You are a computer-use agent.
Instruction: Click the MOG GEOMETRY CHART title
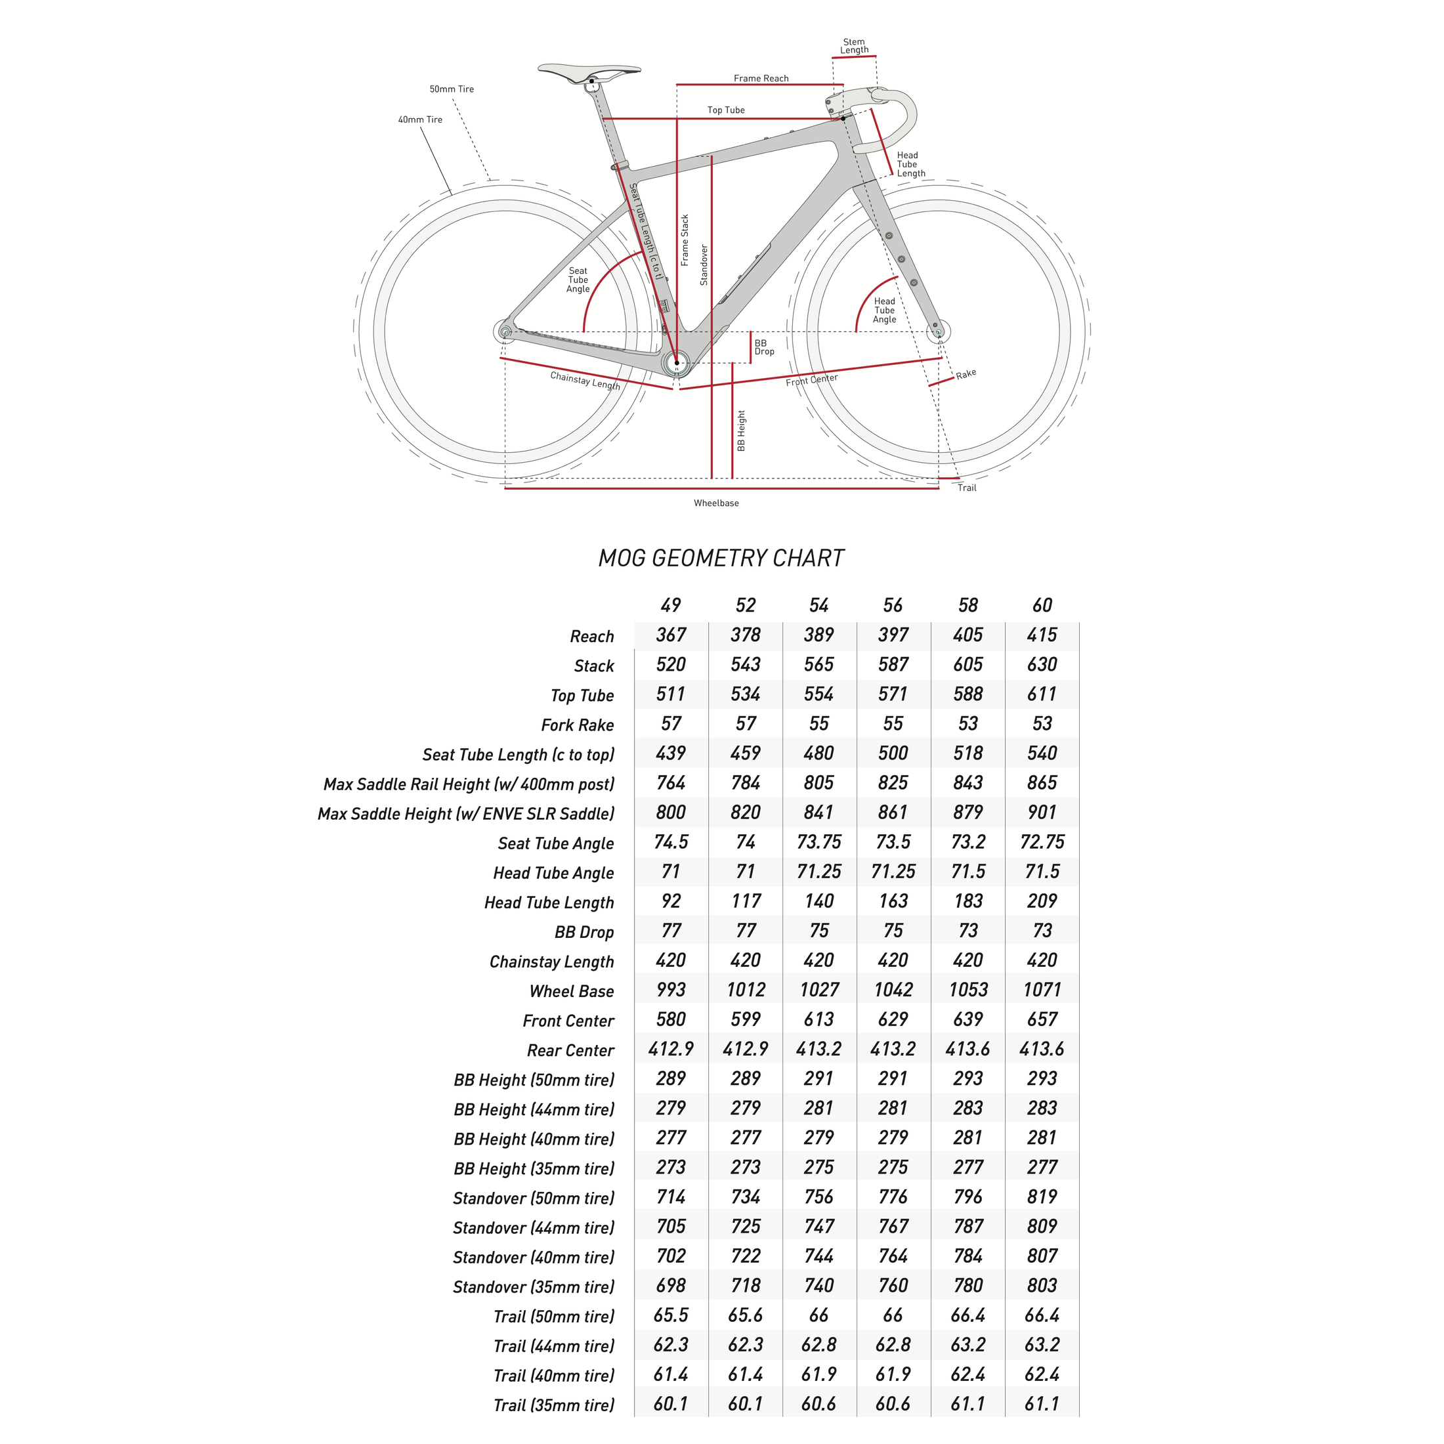tap(721, 559)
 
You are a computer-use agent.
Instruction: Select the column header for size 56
tap(893, 605)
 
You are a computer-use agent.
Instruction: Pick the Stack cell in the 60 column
tap(1041, 664)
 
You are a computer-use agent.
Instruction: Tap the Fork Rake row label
tap(577, 725)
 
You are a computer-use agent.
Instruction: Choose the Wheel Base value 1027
tap(819, 990)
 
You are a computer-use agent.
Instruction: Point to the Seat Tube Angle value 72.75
tap(1041, 841)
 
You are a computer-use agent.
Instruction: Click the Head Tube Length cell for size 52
tap(745, 901)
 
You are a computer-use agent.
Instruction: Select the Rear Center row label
tap(570, 1050)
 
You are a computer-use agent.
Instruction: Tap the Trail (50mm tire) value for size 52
tap(745, 1315)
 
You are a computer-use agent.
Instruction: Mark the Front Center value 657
tap(1041, 1019)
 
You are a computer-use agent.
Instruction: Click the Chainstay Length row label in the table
tap(551, 962)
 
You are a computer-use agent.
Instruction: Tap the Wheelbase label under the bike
tap(716, 503)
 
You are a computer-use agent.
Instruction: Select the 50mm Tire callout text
tap(452, 89)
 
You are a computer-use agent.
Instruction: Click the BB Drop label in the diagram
tap(764, 347)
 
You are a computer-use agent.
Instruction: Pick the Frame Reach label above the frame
tap(761, 79)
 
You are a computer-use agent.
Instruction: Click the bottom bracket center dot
tap(677, 363)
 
